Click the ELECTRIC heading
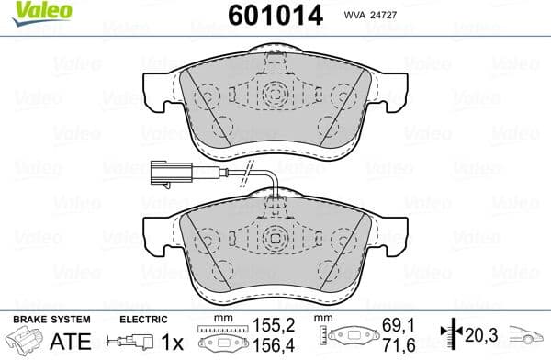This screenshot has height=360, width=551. click(145, 321)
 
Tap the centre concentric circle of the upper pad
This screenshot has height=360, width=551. click(275, 95)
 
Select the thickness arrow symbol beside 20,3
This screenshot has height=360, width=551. click(449, 335)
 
